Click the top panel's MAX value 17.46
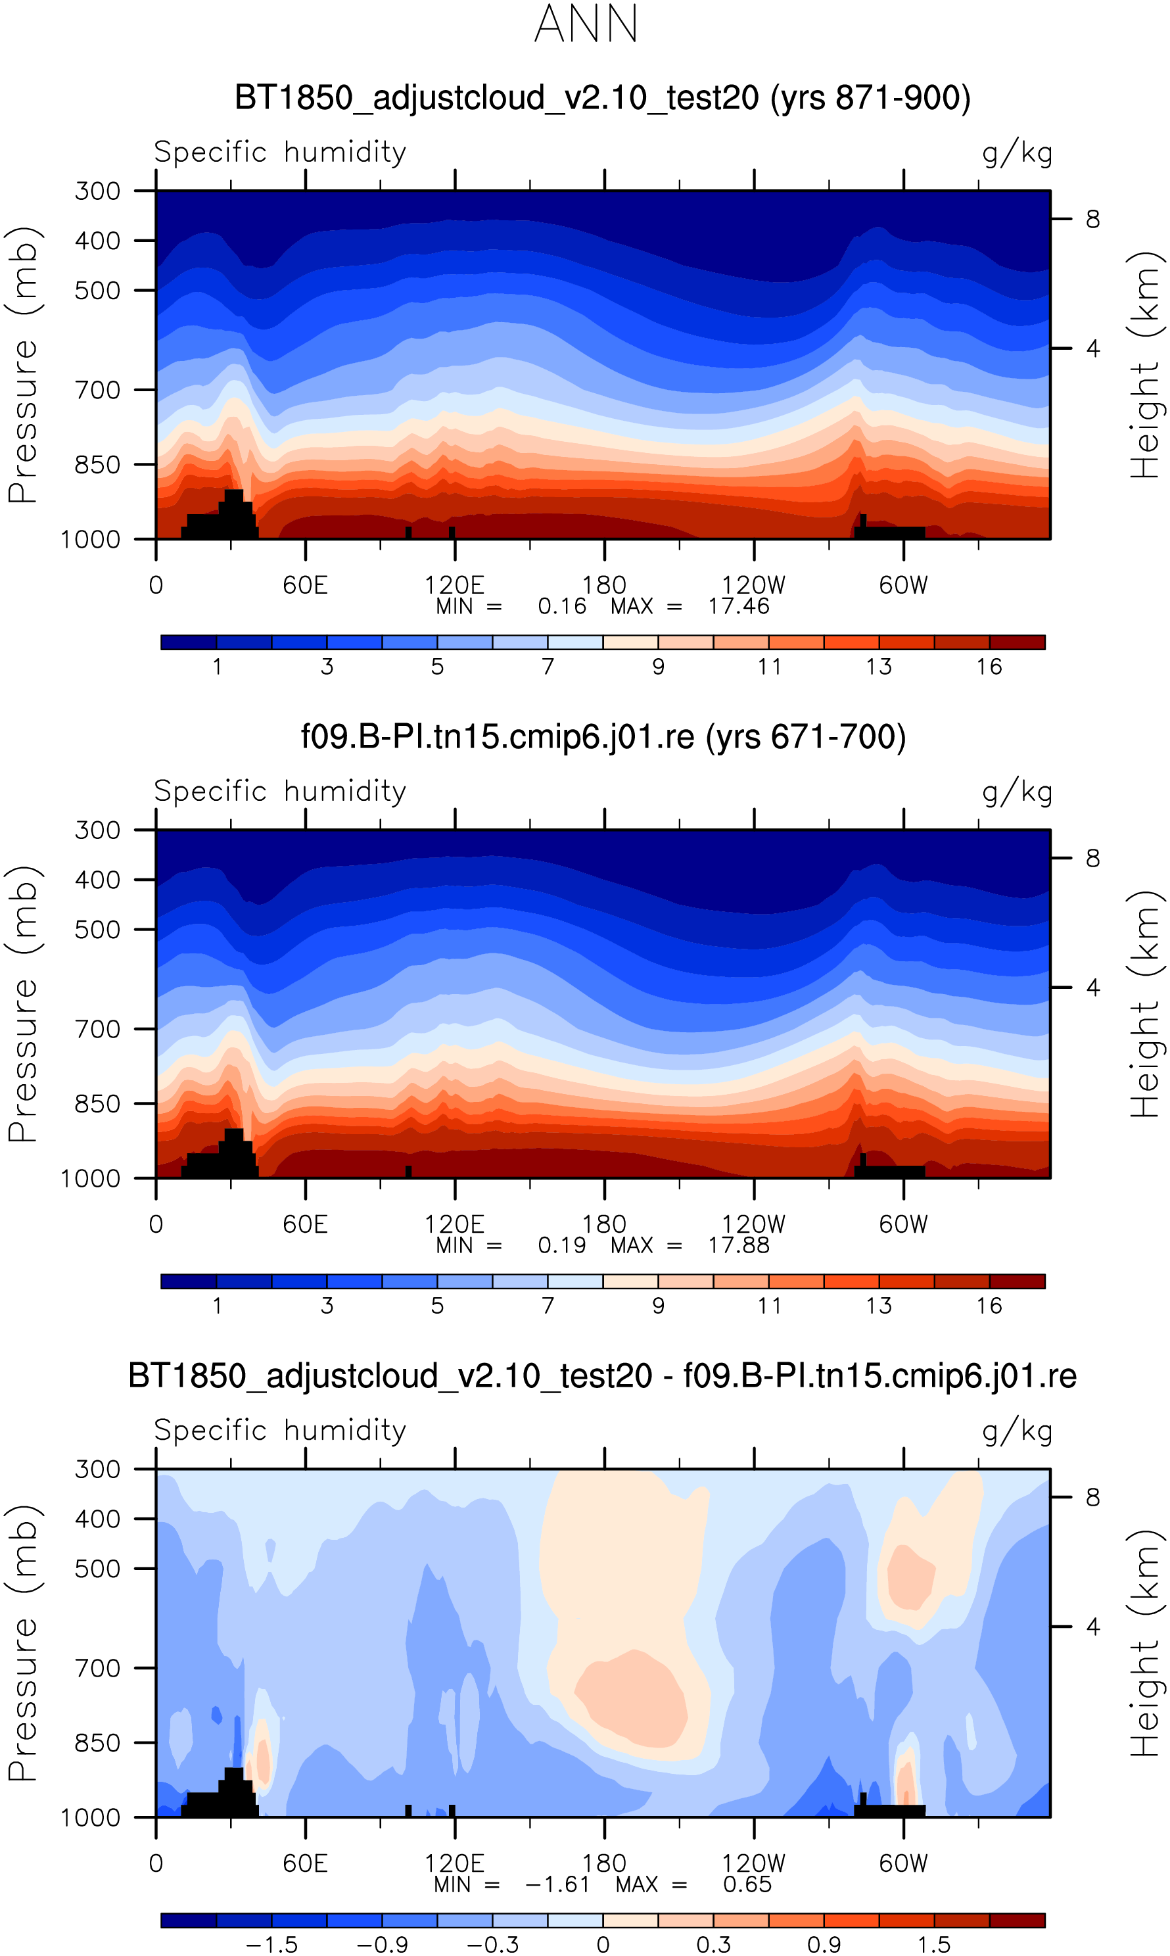(738, 606)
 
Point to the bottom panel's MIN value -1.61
(557, 1884)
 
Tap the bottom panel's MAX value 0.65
(747, 1884)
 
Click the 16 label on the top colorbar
(989, 667)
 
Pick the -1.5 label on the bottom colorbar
(271, 1945)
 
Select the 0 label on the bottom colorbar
(603, 1945)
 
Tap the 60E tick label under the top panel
(305, 585)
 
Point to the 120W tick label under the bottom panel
(754, 1864)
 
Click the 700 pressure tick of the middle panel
(98, 1029)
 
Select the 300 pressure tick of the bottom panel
(98, 1469)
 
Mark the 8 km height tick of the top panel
(1092, 219)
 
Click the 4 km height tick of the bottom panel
(1092, 1627)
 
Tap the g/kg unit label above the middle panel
(1017, 792)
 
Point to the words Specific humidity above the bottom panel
(280, 1430)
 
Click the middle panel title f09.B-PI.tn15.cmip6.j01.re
(603, 737)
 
